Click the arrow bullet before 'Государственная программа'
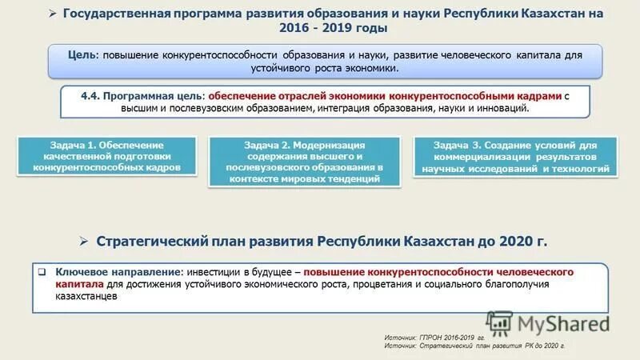(x=54, y=14)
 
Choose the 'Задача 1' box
(x=108, y=157)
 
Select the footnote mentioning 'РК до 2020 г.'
(x=474, y=346)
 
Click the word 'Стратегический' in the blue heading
(x=149, y=241)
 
